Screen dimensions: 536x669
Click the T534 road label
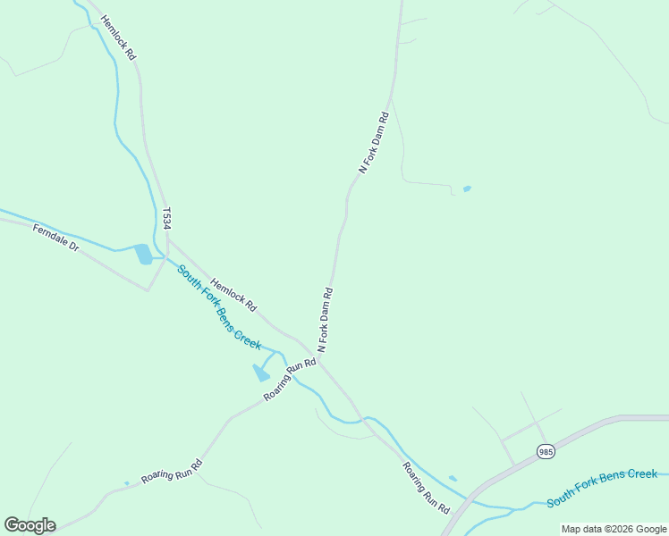pos(166,219)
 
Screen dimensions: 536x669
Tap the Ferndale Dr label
pos(56,238)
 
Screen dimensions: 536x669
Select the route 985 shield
pos(546,453)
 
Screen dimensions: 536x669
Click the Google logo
pos(30,525)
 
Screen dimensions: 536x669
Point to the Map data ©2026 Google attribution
pos(614,529)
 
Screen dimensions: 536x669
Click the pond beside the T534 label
pos(143,255)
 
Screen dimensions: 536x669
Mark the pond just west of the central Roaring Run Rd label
pos(261,373)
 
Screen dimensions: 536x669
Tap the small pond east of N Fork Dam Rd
pos(466,188)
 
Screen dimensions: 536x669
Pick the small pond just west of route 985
pos(453,479)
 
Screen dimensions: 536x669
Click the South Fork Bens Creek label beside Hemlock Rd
pos(218,307)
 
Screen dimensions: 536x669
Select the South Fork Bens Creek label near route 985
pos(602,488)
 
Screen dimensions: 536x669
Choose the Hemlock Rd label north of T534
pos(118,37)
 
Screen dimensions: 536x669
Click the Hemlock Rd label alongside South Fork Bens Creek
pos(233,292)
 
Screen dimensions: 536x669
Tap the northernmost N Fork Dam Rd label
pos(375,141)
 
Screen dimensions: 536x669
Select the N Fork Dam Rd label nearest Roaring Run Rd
pos(326,318)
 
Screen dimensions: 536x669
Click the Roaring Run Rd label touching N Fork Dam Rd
pos(291,381)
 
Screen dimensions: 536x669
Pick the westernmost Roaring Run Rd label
pos(172,471)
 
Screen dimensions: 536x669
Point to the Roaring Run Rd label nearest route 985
pos(425,487)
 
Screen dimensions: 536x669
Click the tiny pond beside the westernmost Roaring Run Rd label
pos(127,483)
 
